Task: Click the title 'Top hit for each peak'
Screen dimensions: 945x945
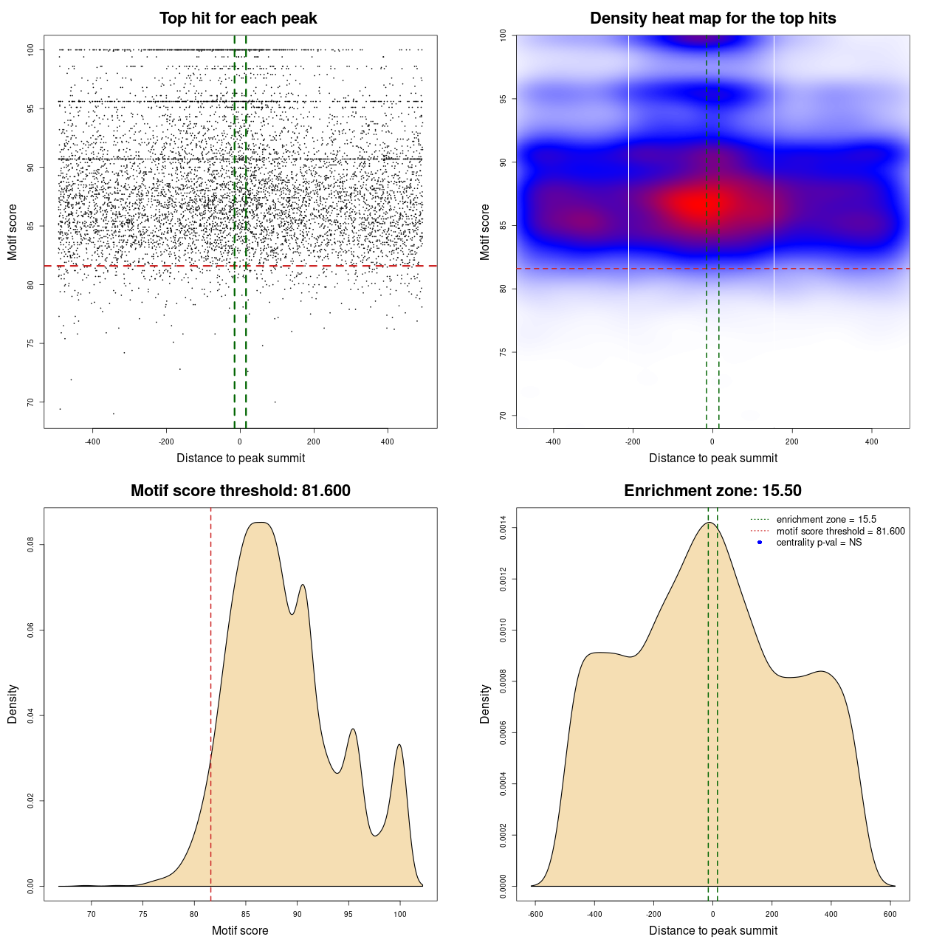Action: pyautogui.click(x=238, y=18)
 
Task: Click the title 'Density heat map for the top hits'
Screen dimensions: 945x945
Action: pyautogui.click(x=712, y=18)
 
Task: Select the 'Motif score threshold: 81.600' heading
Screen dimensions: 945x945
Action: pyautogui.click(x=240, y=491)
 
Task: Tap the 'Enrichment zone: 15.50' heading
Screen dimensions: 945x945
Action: pyautogui.click(x=712, y=491)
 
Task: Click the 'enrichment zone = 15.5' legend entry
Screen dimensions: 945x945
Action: pyautogui.click(x=825, y=520)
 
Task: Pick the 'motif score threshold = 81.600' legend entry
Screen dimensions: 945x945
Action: pyautogui.click(x=840, y=531)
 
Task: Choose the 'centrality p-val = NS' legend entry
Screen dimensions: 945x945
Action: pyautogui.click(x=818, y=543)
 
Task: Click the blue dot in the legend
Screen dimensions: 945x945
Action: pyautogui.click(x=760, y=543)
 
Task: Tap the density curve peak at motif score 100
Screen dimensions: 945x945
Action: pyautogui.click(x=399, y=745)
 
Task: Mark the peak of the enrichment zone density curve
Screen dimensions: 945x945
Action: pyautogui.click(x=709, y=523)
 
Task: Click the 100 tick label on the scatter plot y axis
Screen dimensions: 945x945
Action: pyautogui.click(x=30, y=49)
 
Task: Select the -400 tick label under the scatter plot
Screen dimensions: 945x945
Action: pyautogui.click(x=92, y=441)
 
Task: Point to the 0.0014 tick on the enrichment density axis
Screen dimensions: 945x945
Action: pyautogui.click(x=503, y=528)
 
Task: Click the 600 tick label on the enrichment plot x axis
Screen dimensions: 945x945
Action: pyautogui.click(x=890, y=914)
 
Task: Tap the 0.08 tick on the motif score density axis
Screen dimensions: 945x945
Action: pyautogui.click(x=30, y=545)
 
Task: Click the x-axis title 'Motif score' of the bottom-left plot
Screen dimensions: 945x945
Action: pyautogui.click(x=240, y=930)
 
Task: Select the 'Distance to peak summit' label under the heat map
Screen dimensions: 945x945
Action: pyautogui.click(x=712, y=458)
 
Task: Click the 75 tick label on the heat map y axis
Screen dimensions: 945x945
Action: pyautogui.click(x=503, y=352)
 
